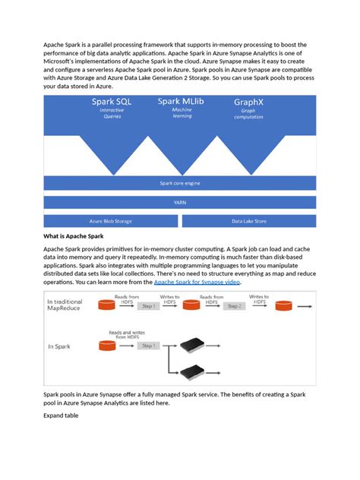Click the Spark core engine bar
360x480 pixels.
point(179,183)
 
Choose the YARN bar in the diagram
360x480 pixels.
point(179,202)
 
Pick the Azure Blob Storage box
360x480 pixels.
point(110,221)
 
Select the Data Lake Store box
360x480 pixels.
point(248,221)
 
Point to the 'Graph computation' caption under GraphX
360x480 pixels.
point(248,113)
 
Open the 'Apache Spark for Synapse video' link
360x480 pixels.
point(197,282)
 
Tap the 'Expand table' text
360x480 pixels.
point(61,416)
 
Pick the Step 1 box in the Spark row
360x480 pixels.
point(149,346)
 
